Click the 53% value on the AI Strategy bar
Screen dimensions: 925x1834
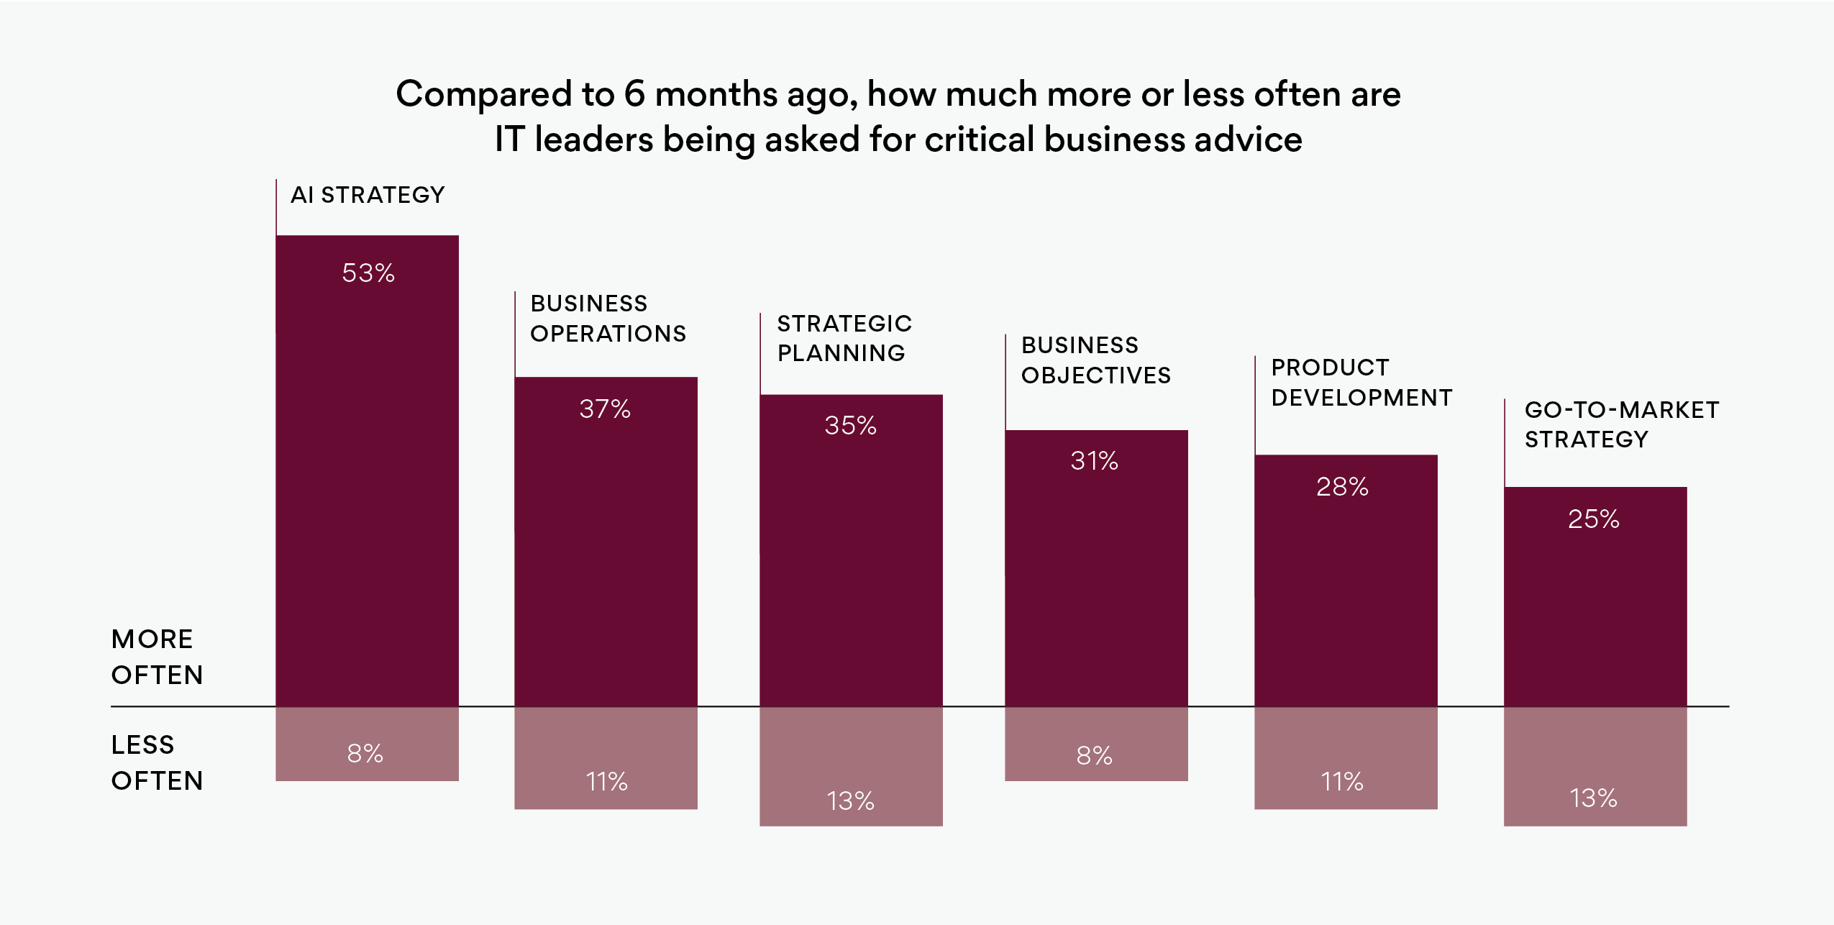click(368, 273)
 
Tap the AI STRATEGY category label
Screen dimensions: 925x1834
click(368, 195)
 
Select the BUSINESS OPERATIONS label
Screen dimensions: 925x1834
click(608, 319)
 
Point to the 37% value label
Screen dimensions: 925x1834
click(605, 409)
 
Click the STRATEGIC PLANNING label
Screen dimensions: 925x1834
click(844, 338)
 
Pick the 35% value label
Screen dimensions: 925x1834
click(850, 426)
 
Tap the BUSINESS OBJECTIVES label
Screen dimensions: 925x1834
click(1095, 360)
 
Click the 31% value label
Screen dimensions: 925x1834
click(1094, 461)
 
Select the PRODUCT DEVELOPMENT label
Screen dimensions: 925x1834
click(1361, 383)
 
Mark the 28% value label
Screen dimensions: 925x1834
click(1342, 487)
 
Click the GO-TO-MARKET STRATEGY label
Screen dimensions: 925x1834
click(1621, 424)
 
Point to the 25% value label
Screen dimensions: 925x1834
click(1594, 519)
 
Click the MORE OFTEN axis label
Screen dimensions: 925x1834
click(156, 657)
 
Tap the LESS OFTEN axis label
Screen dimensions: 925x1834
click(156, 762)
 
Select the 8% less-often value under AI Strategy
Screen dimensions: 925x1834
click(365, 754)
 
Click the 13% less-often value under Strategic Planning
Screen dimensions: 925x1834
click(850, 801)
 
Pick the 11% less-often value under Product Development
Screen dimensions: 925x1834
click(1342, 782)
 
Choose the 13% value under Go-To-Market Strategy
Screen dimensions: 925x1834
click(1594, 798)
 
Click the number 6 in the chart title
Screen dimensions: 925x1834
click(634, 94)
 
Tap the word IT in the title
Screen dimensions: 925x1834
click(510, 140)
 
